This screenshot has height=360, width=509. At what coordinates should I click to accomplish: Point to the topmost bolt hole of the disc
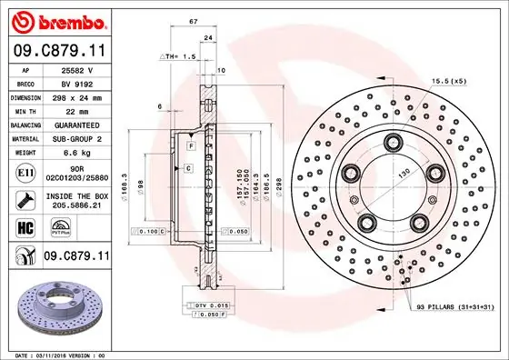pos(393,141)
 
